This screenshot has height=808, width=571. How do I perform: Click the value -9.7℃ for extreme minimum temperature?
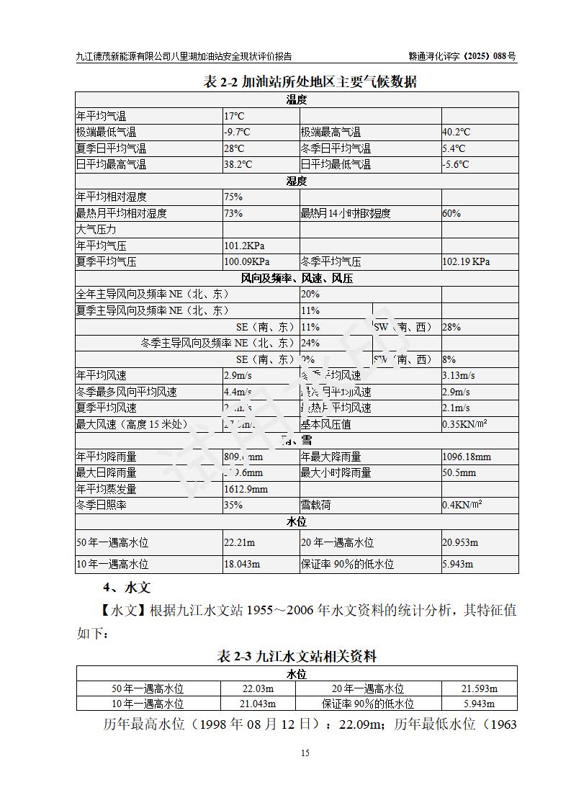237,132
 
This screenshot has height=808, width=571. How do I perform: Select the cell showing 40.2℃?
456,132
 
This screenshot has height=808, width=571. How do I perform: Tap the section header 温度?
297,99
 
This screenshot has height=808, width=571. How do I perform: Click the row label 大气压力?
96,229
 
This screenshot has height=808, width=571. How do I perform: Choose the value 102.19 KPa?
466,262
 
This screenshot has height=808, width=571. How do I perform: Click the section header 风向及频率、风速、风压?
297,278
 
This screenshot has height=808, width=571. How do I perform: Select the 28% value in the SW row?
451,327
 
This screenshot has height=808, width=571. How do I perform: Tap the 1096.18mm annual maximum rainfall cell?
467,457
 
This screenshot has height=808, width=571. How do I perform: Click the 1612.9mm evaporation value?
246,489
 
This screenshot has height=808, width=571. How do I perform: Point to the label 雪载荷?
316,506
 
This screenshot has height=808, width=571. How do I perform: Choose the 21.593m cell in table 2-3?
480,688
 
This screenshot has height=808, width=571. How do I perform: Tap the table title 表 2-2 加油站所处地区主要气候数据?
310,81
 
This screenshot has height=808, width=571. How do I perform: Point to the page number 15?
305,753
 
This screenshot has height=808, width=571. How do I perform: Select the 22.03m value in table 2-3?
258,688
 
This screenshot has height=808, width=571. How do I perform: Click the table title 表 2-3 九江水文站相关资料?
297,656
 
